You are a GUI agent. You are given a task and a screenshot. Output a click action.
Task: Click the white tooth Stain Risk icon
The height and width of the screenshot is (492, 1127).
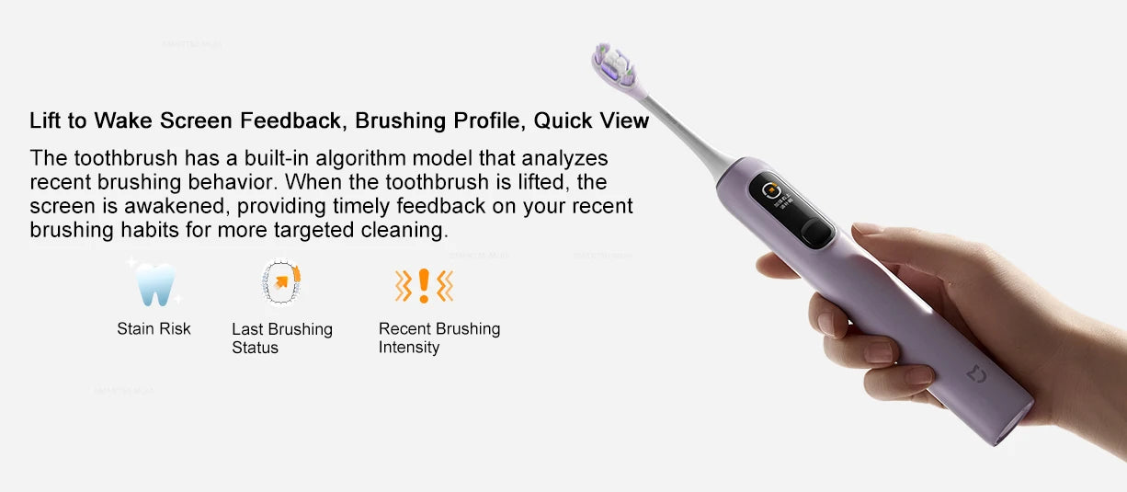tap(155, 284)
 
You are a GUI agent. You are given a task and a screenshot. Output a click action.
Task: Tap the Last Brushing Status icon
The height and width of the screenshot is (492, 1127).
tap(281, 283)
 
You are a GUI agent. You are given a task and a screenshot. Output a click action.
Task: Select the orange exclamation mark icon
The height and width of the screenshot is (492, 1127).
tap(424, 286)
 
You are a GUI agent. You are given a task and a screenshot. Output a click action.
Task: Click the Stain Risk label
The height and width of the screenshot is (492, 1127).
tap(154, 328)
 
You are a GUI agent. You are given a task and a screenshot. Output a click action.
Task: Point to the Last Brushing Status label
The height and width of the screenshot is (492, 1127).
tap(281, 338)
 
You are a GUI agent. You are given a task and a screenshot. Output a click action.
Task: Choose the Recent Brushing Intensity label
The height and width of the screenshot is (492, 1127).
tap(438, 338)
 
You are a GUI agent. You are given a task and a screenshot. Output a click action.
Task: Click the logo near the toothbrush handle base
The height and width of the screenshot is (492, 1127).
tap(975, 374)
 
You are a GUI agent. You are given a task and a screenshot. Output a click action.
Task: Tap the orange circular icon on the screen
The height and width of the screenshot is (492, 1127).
tap(772, 191)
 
